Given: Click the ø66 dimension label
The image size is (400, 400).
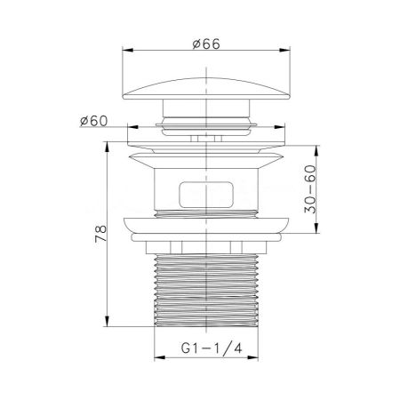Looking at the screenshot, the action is point(206,44).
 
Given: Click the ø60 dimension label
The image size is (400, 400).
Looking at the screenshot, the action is point(94,121).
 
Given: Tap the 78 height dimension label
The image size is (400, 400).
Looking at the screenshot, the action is point(101,234).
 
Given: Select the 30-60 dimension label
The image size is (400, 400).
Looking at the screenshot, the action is point(310,189).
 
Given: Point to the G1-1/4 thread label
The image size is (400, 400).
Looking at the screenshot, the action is point(212,348).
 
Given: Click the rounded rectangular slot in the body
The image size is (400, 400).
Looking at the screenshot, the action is point(206,195).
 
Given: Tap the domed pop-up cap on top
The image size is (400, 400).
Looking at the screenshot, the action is point(206,89).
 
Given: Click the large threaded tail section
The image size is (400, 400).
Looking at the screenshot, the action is point(207,291).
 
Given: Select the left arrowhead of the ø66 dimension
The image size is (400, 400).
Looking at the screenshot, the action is point(128,50).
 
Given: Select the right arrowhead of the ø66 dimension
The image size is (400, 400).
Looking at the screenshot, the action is point(285,50).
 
